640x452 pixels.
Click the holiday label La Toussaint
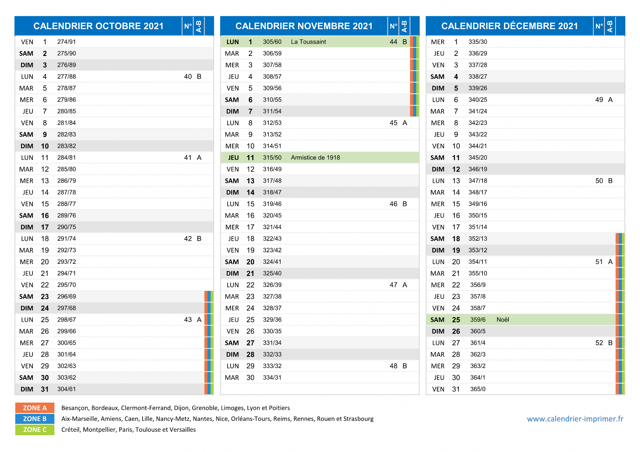308,42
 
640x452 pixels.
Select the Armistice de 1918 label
315,158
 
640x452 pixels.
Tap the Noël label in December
503,320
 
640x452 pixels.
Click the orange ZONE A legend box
35,408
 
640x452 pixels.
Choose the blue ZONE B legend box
35,419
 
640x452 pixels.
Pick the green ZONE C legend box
35,430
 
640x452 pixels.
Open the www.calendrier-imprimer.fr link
575,419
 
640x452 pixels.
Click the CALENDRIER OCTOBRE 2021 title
98,26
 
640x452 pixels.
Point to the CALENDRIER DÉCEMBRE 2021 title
510,26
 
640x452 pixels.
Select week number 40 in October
188,76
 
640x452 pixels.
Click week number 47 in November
393,285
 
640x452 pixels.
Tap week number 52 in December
599,343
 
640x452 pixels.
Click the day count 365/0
478,389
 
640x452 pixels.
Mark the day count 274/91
67,42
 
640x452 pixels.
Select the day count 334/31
272,378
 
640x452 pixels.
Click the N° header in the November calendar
393,26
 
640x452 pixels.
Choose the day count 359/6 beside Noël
478,320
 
